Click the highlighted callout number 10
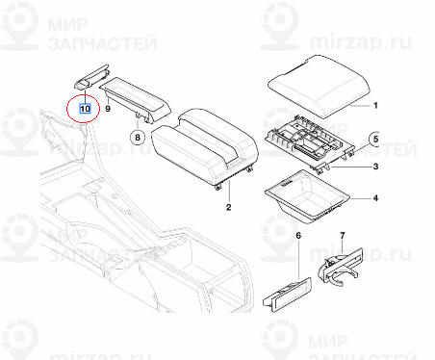tap(85, 109)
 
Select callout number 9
tap(108, 109)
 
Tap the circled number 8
tap(138, 138)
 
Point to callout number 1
tap(375, 105)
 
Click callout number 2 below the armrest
tap(228, 207)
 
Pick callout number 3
tap(375, 167)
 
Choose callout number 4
tap(375, 198)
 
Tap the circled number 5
tap(374, 140)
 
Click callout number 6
tap(298, 236)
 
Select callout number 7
tap(343, 236)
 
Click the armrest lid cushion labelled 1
tap(320, 85)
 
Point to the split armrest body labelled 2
tap(205, 148)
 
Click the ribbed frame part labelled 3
tap(310, 141)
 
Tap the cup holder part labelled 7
tap(341, 266)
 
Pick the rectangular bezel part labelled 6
tap(287, 295)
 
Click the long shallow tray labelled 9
tap(136, 99)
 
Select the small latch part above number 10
tap(92, 76)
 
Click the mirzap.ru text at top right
tap(361, 41)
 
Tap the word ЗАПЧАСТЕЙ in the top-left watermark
tap(103, 43)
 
